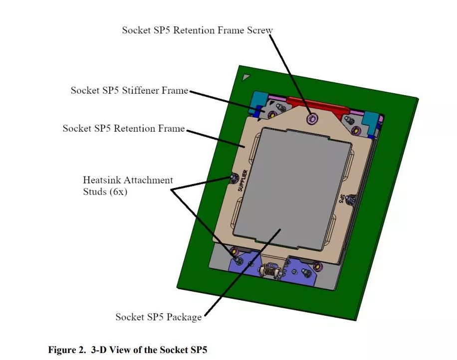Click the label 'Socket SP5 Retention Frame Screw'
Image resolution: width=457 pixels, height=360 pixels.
point(197,30)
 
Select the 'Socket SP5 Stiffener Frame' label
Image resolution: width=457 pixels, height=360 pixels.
point(129,90)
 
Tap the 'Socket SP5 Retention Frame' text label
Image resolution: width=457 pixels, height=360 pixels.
point(123,128)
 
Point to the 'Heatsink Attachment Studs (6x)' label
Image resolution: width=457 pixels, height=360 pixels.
point(128,185)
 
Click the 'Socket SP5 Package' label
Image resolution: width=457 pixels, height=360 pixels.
point(158,317)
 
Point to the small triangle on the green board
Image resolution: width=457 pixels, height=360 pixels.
point(245,77)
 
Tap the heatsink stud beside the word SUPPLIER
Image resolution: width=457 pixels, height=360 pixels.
point(233,177)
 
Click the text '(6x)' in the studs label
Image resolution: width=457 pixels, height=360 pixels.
point(117,191)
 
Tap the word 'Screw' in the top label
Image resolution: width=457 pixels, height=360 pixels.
point(260,30)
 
